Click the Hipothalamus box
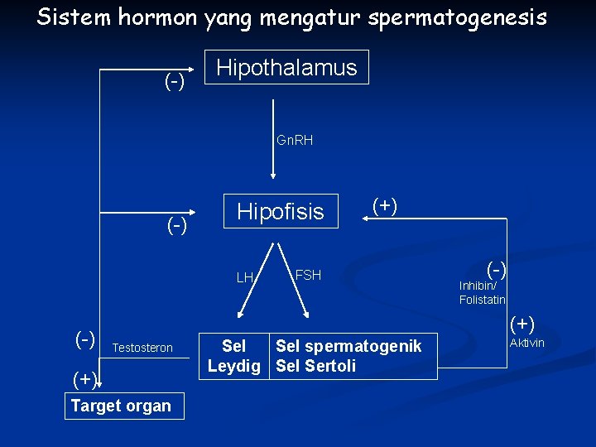pyautogui.click(x=286, y=67)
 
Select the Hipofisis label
pyautogui.click(x=281, y=212)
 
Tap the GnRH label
pyautogui.click(x=295, y=141)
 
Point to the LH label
pyautogui.click(x=245, y=277)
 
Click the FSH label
pyautogui.click(x=308, y=275)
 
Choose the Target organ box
pyautogui.click(x=121, y=406)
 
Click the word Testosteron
pyautogui.click(x=142, y=348)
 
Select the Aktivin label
pyautogui.click(x=527, y=343)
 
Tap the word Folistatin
pyautogui.click(x=483, y=300)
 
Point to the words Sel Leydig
pyautogui.click(x=234, y=356)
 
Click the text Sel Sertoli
pyautogui.click(x=315, y=366)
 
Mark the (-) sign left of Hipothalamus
pyautogui.click(x=174, y=82)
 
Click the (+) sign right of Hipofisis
pyautogui.click(x=384, y=205)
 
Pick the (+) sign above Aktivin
pyautogui.click(x=522, y=323)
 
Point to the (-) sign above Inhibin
pyautogui.click(x=496, y=268)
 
